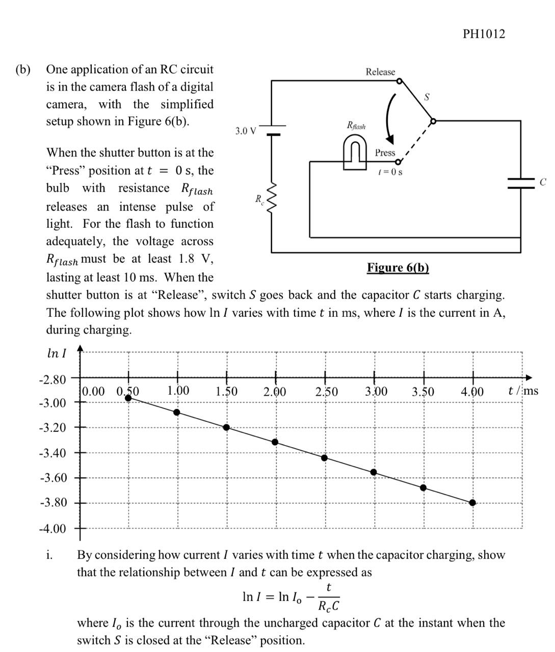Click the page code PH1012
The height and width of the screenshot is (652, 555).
(484, 34)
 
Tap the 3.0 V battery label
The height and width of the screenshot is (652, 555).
(246, 131)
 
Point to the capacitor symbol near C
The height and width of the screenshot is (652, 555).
(520, 182)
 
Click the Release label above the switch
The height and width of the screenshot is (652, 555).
(380, 72)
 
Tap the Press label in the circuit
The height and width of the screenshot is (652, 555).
(385, 152)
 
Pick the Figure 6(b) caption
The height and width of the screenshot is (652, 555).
(398, 267)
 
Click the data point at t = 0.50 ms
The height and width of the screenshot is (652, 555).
(128, 398)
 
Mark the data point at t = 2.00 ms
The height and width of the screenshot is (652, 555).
(275, 442)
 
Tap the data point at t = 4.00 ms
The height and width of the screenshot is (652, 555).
(472, 503)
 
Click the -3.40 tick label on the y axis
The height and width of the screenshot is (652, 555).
(53, 453)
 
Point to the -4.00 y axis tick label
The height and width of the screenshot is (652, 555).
(53, 528)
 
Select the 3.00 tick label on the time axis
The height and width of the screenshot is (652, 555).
(376, 392)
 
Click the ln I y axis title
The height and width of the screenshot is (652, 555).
(56, 354)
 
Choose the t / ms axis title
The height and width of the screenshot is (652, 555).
(523, 391)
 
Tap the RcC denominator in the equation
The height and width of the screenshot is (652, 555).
(329, 606)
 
